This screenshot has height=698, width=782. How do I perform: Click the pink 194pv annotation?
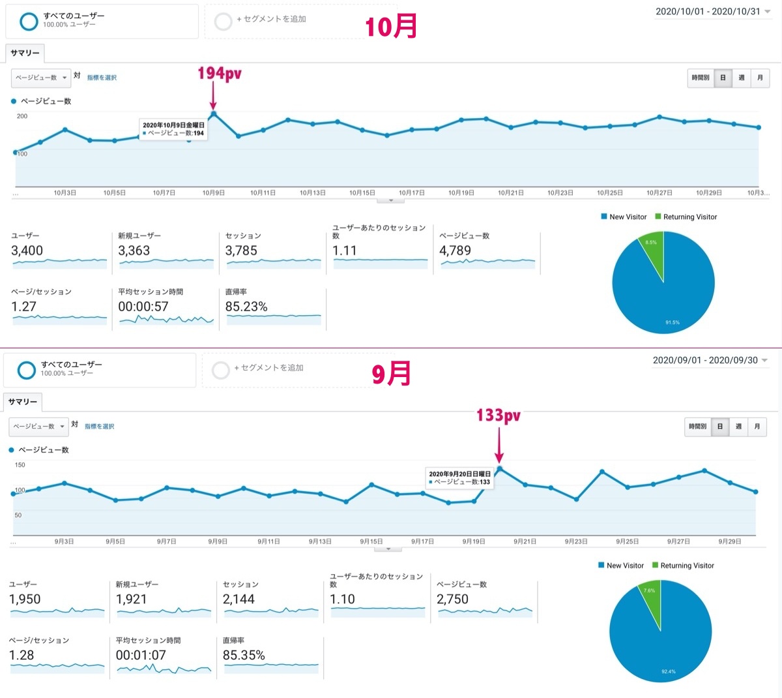220,74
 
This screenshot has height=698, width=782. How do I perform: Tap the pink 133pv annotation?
499,416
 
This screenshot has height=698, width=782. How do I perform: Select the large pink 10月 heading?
391,26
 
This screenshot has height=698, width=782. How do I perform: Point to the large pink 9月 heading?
391,374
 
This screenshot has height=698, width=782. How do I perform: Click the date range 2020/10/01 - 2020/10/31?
708,12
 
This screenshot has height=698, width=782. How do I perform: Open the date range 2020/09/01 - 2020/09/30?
705,360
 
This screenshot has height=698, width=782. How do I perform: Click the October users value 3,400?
27,250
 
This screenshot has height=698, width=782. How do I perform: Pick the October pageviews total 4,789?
455,250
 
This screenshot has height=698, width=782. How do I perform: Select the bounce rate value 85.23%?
246,307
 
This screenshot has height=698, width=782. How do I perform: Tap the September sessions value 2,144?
239,599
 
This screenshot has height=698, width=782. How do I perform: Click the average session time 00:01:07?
141,655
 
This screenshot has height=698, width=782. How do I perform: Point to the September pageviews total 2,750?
452,599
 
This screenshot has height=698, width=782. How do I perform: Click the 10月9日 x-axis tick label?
214,193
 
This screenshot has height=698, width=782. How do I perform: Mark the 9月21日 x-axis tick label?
525,541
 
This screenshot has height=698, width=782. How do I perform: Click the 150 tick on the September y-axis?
20,465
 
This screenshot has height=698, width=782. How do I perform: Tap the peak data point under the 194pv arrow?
214,114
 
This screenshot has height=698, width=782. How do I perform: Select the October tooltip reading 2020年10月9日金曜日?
173,125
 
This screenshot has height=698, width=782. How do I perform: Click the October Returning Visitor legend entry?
686,217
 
